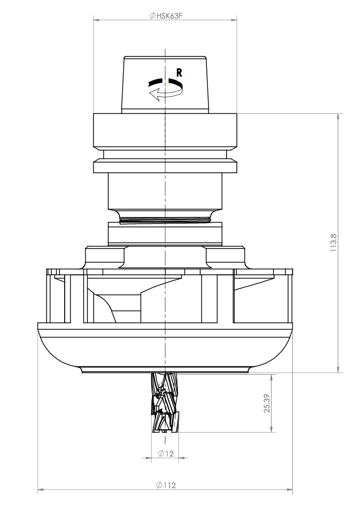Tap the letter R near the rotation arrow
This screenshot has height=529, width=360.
(179, 73)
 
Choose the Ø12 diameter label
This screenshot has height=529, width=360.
(166, 454)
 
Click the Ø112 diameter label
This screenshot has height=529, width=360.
(166, 485)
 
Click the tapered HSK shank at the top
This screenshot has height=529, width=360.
(164, 85)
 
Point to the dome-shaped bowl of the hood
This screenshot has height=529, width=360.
(164, 349)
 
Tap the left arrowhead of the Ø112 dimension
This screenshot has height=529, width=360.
(41, 489)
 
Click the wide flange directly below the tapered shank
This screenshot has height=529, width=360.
(164, 131)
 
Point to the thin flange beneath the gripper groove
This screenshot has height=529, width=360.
(164, 167)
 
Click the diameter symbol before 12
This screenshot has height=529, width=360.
(161, 454)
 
